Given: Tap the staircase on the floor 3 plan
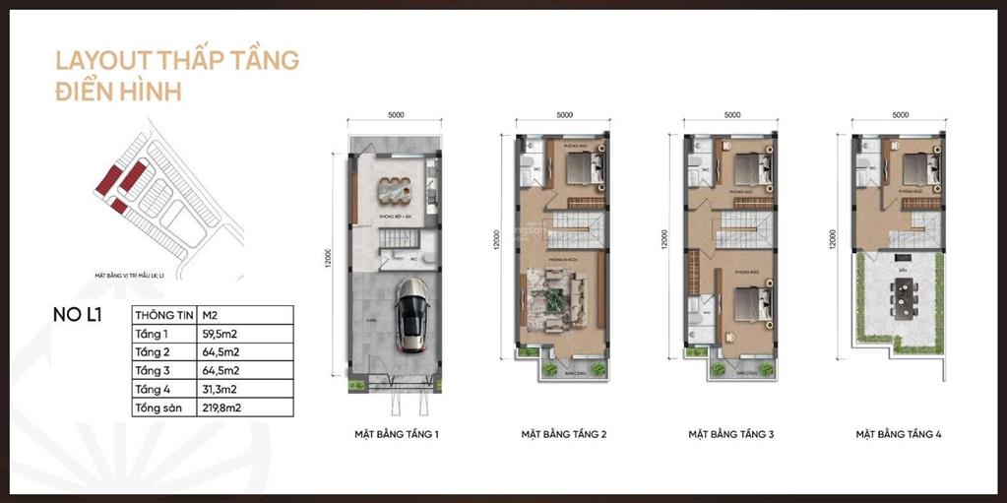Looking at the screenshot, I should (738, 230).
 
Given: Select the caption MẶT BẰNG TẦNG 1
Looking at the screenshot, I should (397, 433).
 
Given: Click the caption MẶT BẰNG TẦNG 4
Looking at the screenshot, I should (899, 433).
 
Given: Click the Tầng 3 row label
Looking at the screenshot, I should (153, 370).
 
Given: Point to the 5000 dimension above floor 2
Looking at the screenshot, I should (564, 115).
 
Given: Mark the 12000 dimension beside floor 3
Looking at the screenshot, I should (665, 240).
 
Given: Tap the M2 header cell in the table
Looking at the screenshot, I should (211, 315).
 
